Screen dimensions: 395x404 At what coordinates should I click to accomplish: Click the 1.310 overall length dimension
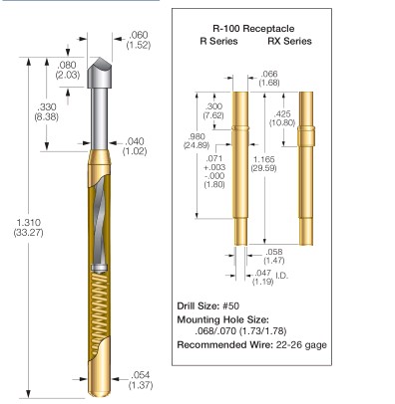pos(29,227)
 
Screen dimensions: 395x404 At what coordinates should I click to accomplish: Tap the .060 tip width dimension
pos(139,40)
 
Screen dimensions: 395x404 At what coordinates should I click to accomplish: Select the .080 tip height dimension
pos(68,70)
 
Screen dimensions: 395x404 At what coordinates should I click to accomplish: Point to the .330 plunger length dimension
pos(47,111)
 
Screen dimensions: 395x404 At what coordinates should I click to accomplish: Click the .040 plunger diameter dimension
pos(135,146)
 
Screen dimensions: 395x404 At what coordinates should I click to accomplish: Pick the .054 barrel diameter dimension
pos(141,380)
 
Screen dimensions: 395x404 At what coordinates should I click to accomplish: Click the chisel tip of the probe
pos(100,73)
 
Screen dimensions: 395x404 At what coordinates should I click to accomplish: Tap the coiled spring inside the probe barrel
pos(100,305)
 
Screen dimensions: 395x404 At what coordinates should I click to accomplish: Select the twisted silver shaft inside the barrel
pos(100,222)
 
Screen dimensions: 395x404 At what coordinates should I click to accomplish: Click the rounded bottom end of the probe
pos(100,391)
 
